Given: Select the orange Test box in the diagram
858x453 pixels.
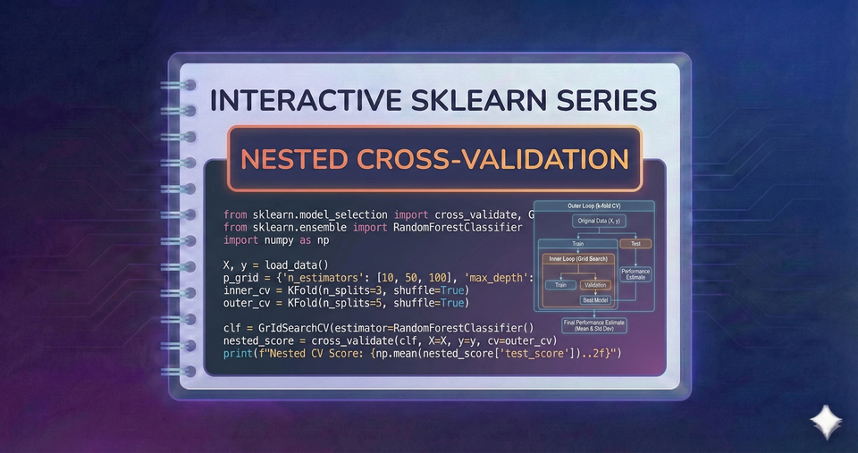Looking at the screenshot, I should point(635,243).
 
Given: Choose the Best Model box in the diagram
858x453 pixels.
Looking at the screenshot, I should point(594,301).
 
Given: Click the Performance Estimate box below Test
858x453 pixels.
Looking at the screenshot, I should point(635,274).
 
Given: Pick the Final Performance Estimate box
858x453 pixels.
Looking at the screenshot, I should point(593,325).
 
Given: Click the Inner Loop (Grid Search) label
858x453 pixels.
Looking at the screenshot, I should point(578,258).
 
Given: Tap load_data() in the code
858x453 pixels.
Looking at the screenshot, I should point(296,264).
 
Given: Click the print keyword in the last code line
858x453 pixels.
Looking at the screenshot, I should point(238,354).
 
